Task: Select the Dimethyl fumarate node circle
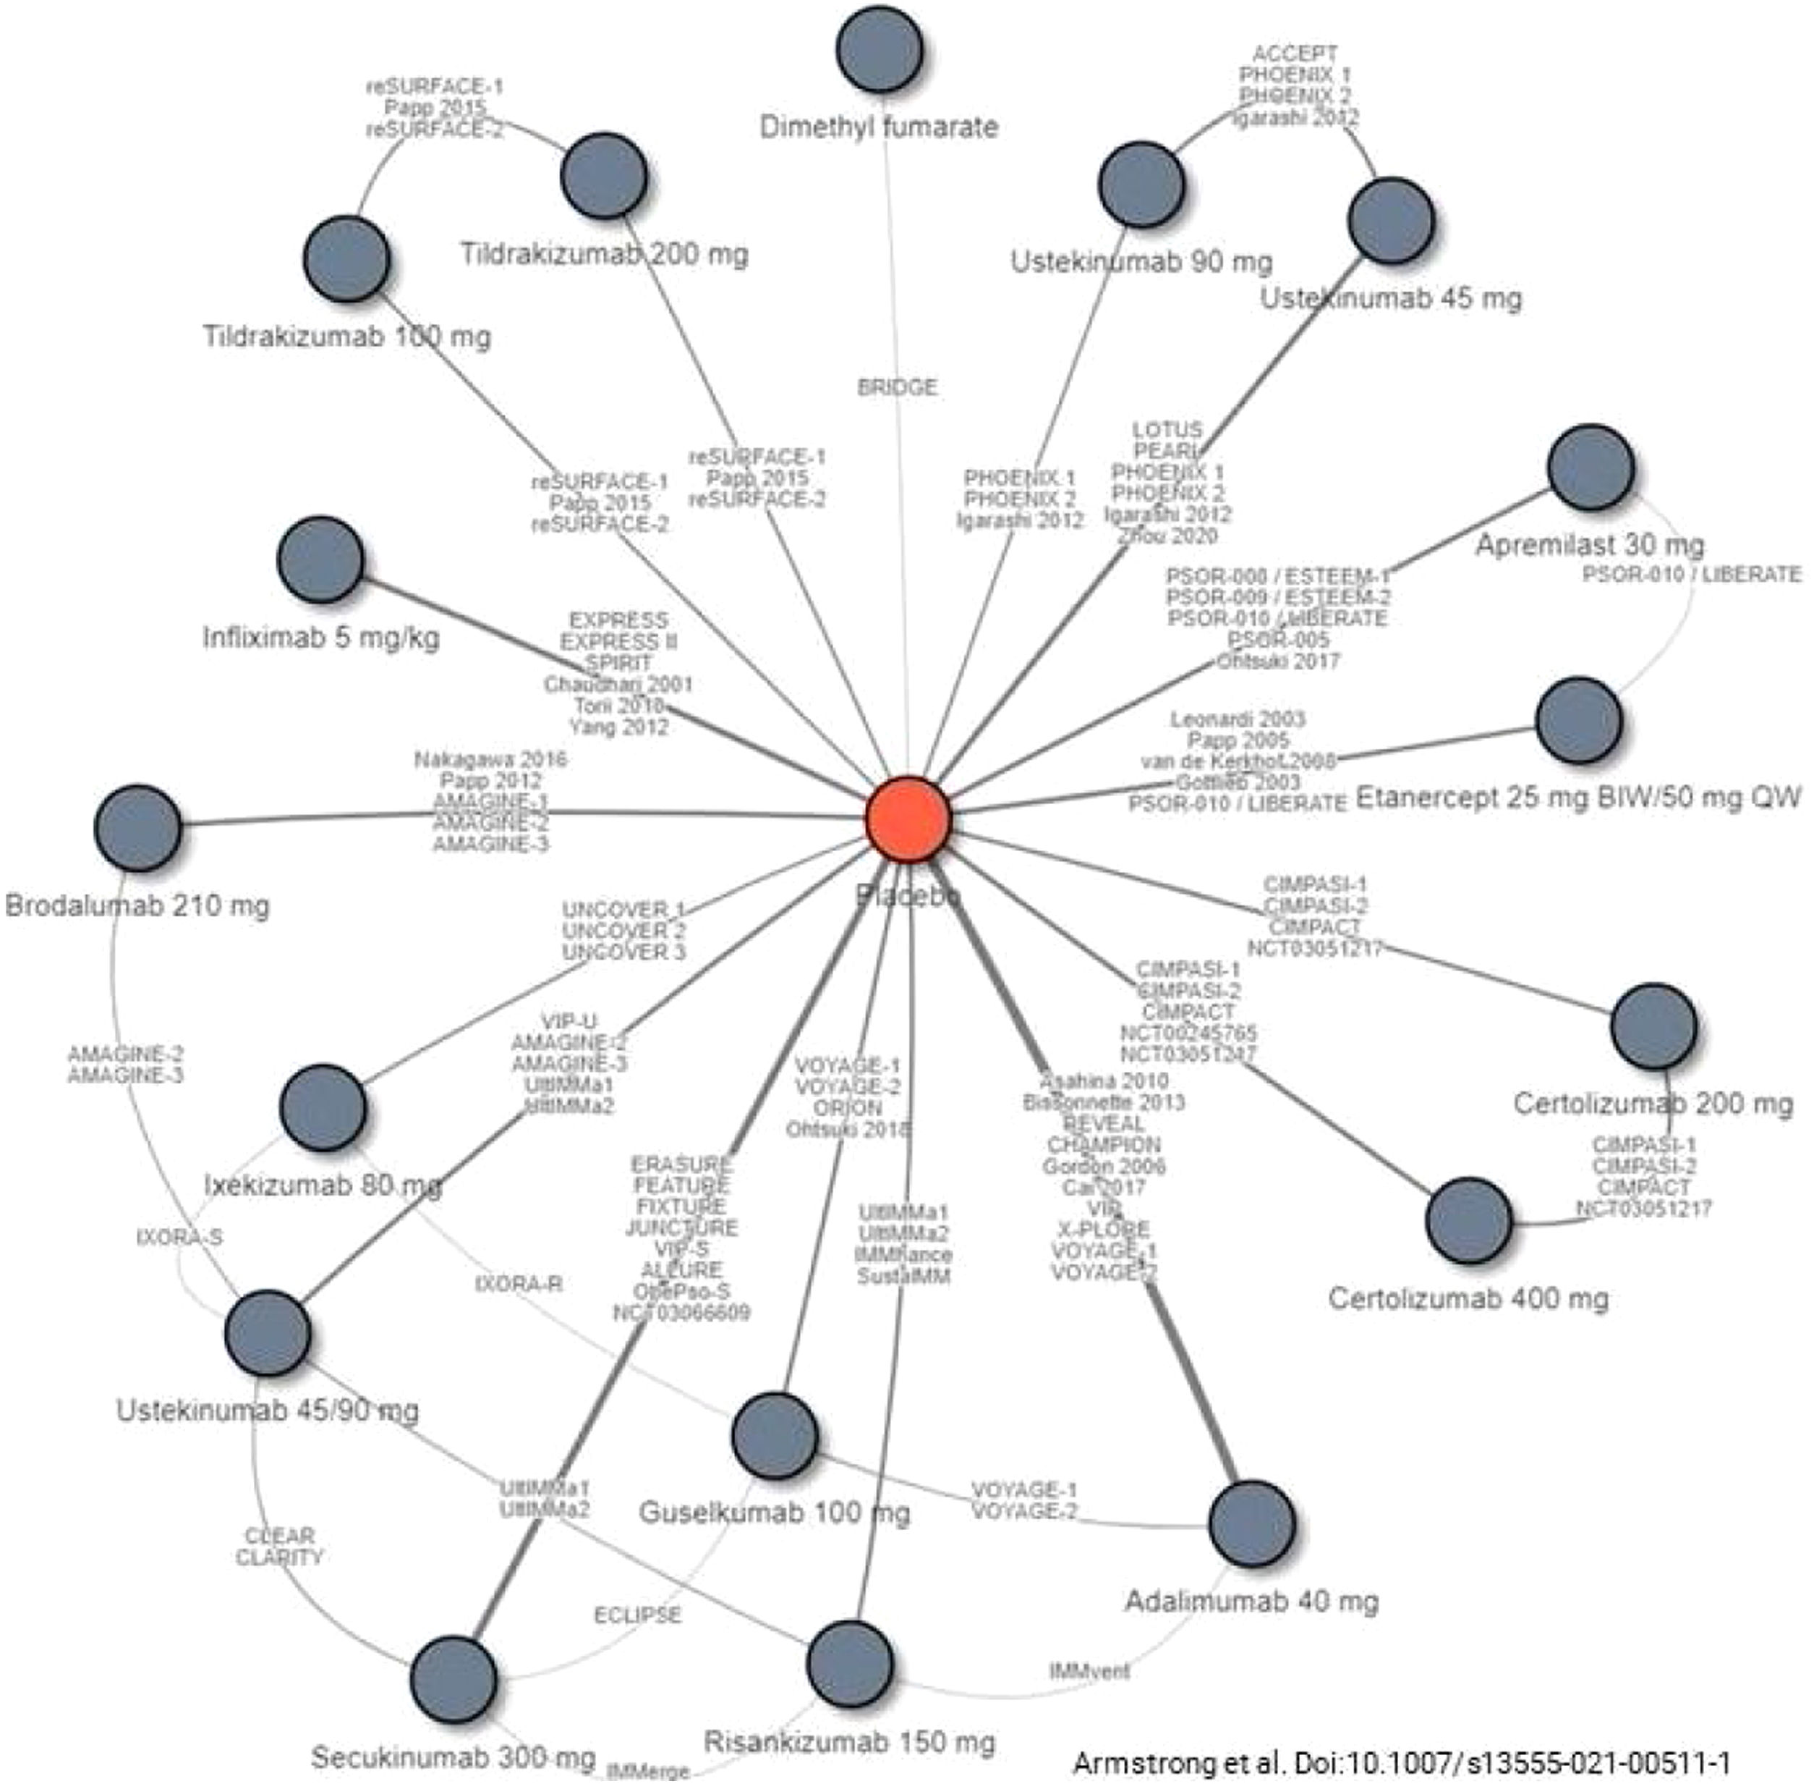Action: [880, 51]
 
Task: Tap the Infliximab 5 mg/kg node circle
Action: [321, 559]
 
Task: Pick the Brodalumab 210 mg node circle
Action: [137, 828]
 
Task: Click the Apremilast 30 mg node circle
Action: [1591, 468]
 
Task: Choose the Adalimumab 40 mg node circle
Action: [1252, 1523]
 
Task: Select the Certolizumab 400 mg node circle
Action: [1468, 1221]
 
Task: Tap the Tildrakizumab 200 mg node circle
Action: [604, 176]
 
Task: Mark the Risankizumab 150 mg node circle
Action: [849, 1663]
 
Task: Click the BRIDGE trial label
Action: [897, 387]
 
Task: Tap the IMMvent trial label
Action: [1089, 1670]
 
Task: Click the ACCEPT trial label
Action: [1294, 54]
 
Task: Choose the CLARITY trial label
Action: [279, 1557]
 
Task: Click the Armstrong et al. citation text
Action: [1401, 1762]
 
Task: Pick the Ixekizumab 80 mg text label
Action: [322, 1185]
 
